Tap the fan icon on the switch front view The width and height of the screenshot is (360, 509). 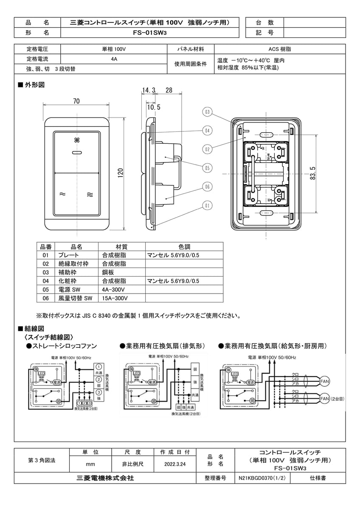(x=77, y=140)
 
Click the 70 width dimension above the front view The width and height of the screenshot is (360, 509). (x=76, y=101)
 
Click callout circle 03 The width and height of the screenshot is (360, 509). (x=207, y=112)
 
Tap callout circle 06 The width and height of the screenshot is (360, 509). (x=207, y=186)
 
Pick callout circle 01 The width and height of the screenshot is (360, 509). (x=207, y=206)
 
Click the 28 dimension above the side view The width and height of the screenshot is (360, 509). (x=169, y=90)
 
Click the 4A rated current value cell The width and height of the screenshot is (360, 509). (x=113, y=59)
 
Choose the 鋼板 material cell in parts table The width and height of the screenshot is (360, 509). (x=109, y=272)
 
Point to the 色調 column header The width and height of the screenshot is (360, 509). (x=184, y=246)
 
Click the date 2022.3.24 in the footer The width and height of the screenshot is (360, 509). (x=176, y=464)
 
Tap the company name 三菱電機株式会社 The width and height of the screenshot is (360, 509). (x=105, y=478)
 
